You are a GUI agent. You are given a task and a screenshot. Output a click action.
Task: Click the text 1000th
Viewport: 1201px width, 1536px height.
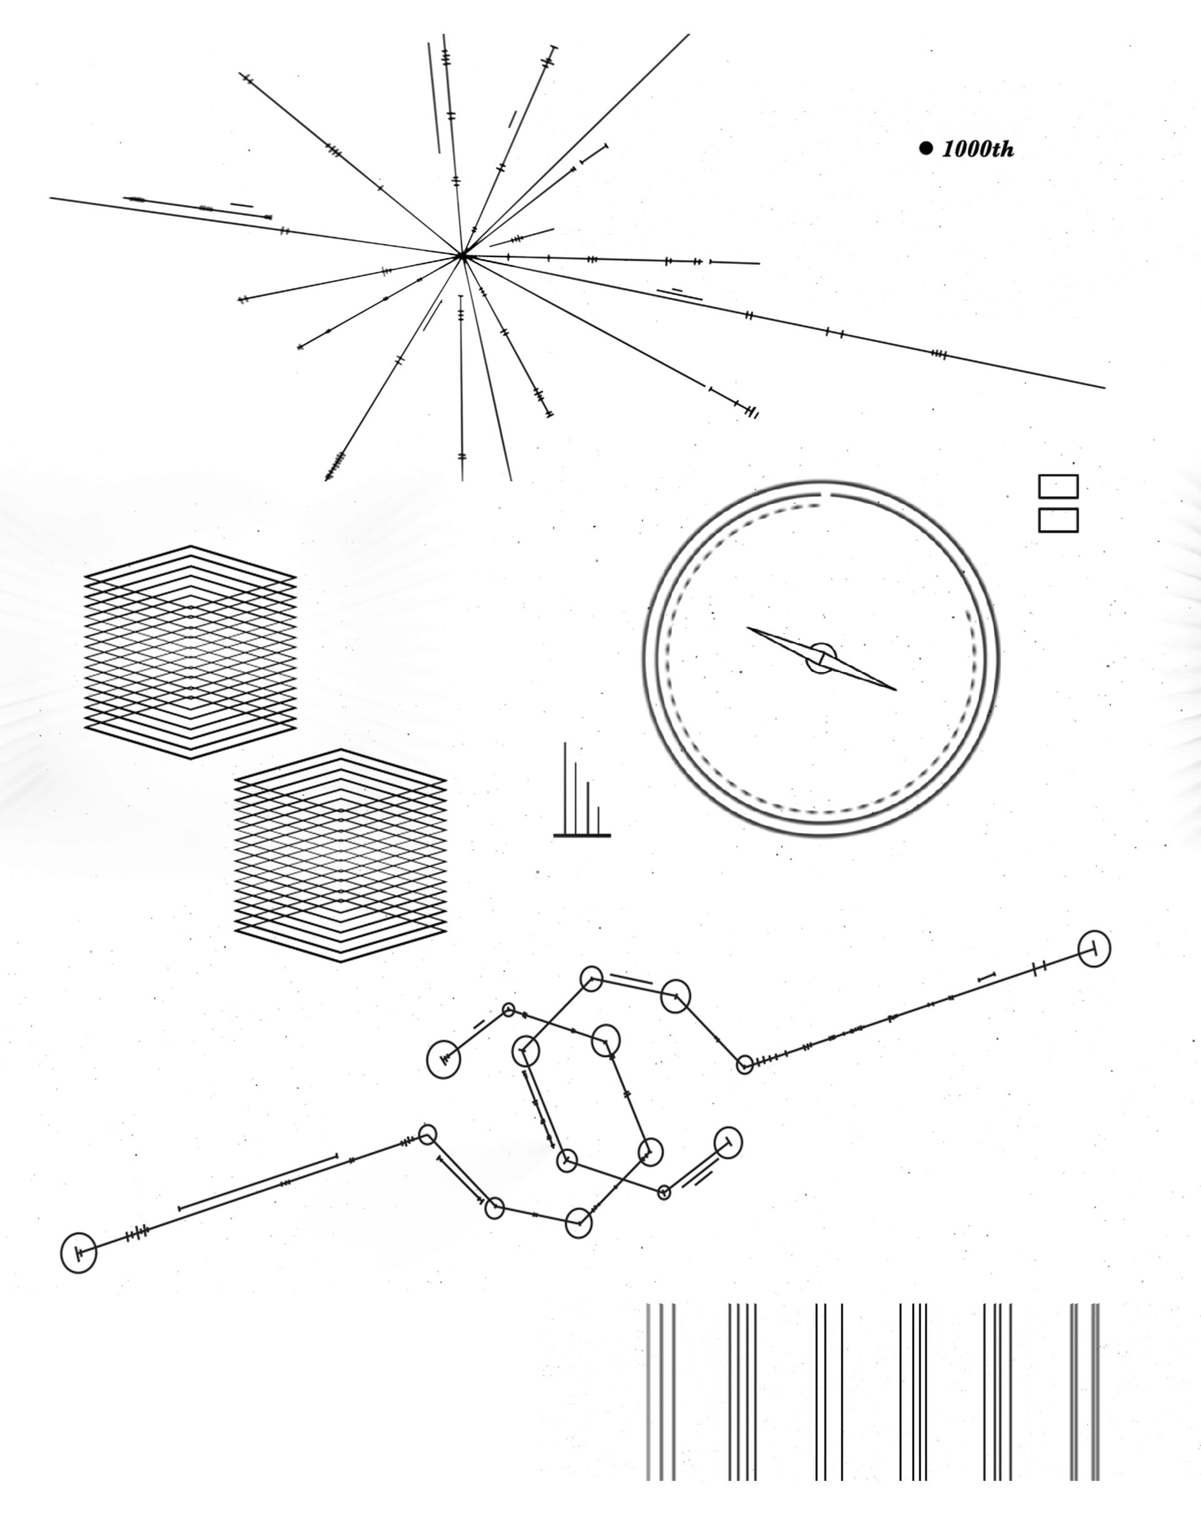click(978, 149)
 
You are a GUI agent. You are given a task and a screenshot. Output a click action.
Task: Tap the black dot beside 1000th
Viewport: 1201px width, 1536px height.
click(926, 148)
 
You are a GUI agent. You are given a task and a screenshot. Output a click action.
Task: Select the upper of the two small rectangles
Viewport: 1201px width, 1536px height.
click(1058, 486)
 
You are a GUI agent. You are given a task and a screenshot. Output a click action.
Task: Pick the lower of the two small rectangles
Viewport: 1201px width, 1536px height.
click(1058, 520)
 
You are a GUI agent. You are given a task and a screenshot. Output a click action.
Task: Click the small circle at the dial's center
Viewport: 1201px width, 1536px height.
click(821, 658)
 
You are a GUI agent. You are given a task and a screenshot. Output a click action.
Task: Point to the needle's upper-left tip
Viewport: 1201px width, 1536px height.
click(747, 628)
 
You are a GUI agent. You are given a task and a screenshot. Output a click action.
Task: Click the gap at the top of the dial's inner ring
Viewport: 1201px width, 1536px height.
click(825, 495)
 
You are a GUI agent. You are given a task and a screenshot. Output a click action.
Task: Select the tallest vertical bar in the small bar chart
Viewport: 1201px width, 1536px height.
click(564, 788)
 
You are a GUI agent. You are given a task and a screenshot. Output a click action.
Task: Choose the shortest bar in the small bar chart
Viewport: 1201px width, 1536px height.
click(598, 821)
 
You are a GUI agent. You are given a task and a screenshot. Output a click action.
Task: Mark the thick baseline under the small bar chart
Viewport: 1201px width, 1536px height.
click(582, 835)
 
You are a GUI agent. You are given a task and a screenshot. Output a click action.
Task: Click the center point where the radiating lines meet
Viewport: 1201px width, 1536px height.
click(462, 257)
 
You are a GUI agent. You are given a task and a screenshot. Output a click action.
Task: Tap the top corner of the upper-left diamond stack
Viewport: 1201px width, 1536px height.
click(191, 546)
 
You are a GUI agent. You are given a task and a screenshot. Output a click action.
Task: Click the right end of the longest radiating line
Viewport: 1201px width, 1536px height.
click(1105, 388)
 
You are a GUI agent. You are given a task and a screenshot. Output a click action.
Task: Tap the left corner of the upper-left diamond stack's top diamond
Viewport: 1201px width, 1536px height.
click(85, 576)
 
